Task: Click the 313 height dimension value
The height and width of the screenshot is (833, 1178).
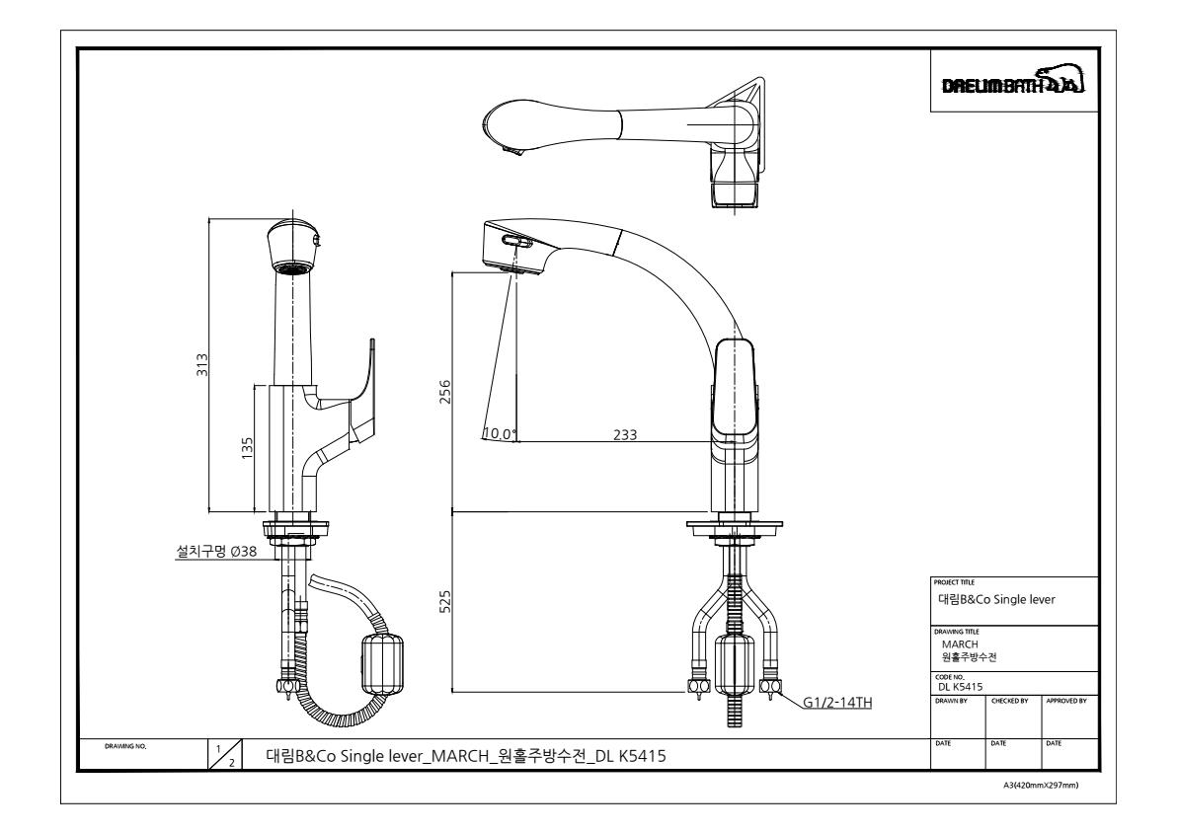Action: pos(201,365)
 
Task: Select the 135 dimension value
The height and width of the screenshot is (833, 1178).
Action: pos(247,448)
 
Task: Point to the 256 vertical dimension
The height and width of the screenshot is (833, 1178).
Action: pos(444,392)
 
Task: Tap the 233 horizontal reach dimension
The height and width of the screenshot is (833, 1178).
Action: pos(625,434)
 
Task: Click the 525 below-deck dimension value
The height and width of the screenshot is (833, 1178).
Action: pos(444,602)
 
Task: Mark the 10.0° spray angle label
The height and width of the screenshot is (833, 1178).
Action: pos(500,433)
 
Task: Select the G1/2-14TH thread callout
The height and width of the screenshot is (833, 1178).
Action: pos(837,703)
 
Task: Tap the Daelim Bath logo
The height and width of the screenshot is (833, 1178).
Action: pos(1013,82)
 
